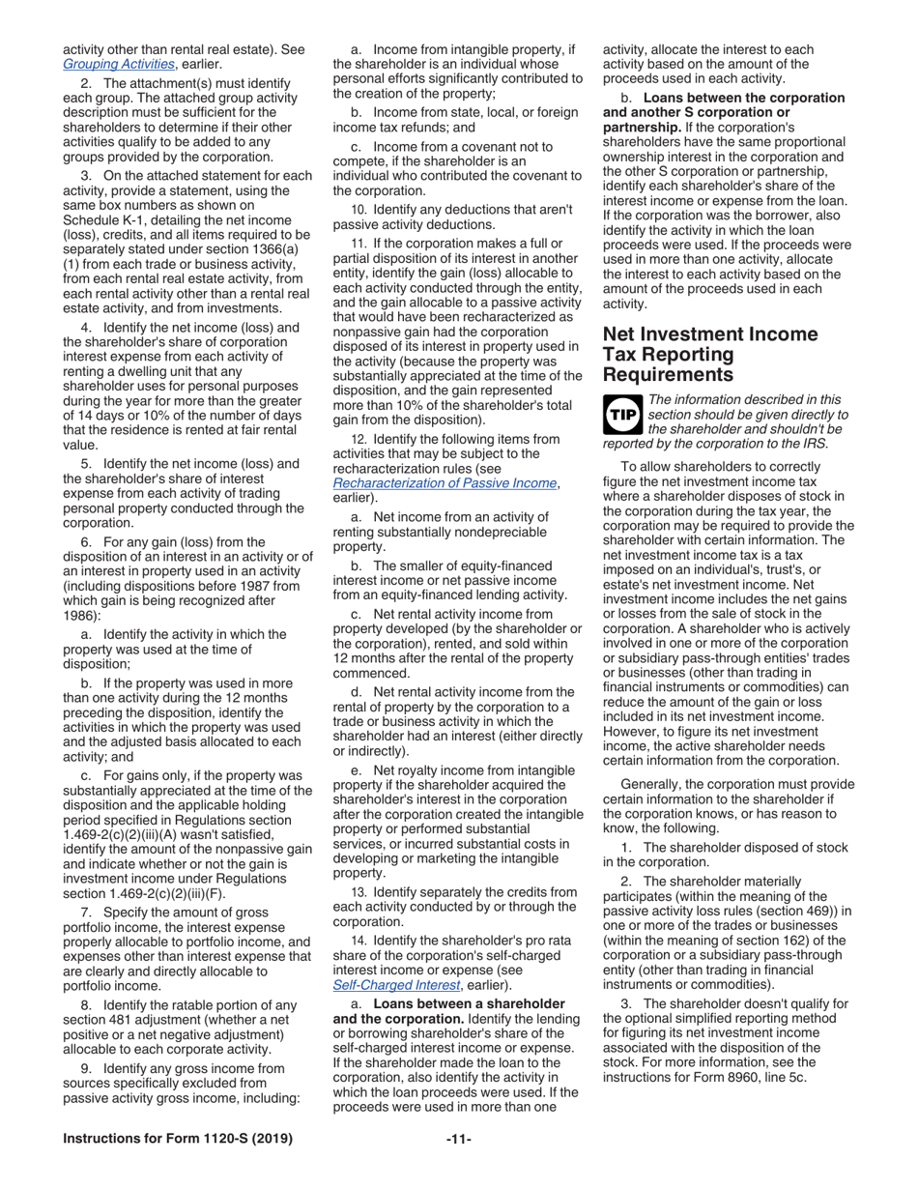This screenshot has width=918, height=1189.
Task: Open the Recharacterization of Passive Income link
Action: click(445, 482)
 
